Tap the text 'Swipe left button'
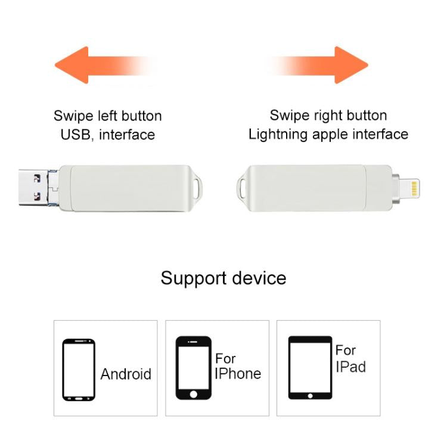click(x=107, y=116)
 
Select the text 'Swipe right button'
click(x=328, y=115)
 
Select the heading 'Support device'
click(x=223, y=278)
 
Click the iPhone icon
click(x=193, y=368)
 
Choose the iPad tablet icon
click(x=310, y=368)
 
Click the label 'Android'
click(x=126, y=374)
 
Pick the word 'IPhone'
click(x=238, y=374)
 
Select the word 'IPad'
click(x=350, y=367)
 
